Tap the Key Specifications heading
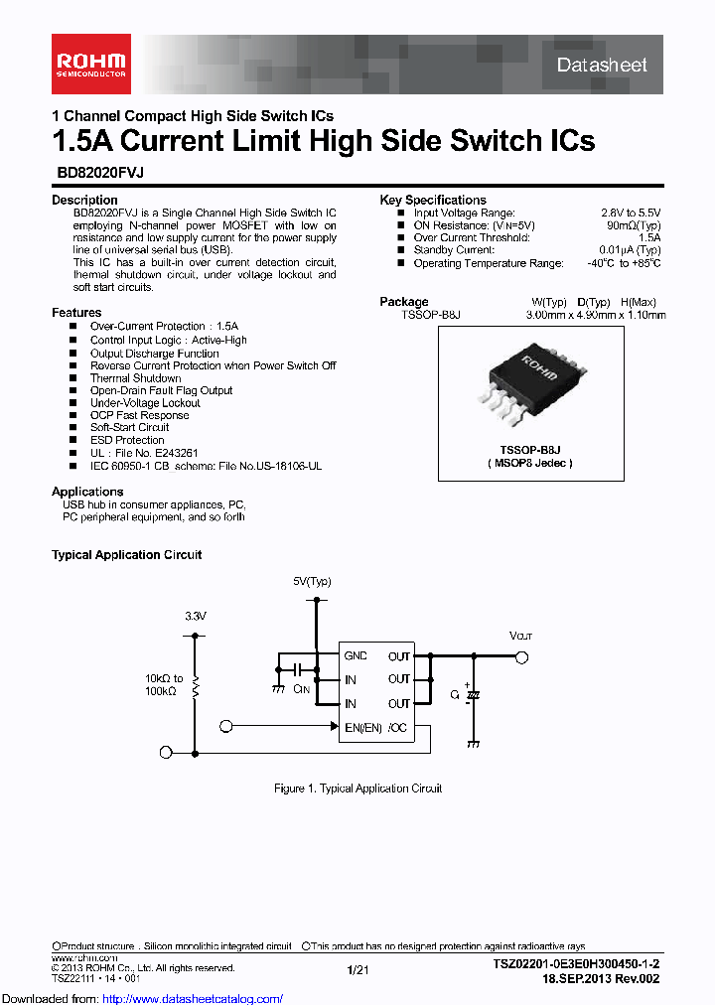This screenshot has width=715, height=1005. coord(433,200)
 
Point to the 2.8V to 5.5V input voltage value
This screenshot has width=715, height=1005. coord(631,213)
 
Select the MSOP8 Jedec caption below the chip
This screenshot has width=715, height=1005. coord(530,463)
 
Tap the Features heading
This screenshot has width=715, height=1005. coord(76,313)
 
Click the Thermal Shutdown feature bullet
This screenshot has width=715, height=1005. coord(135,378)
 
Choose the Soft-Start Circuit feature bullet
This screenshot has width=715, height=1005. coord(129,427)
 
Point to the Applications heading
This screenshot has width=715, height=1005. coord(87,492)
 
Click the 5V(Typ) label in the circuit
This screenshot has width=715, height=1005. coord(312,581)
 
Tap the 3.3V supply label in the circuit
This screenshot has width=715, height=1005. coord(195,616)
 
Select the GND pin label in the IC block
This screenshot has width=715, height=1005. coord(355,656)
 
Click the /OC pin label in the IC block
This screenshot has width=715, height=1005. coord(397,727)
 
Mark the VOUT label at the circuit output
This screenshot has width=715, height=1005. coord(520,636)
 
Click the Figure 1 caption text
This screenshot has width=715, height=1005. coord(357,789)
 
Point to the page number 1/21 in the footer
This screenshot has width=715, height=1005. coord(357,968)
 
